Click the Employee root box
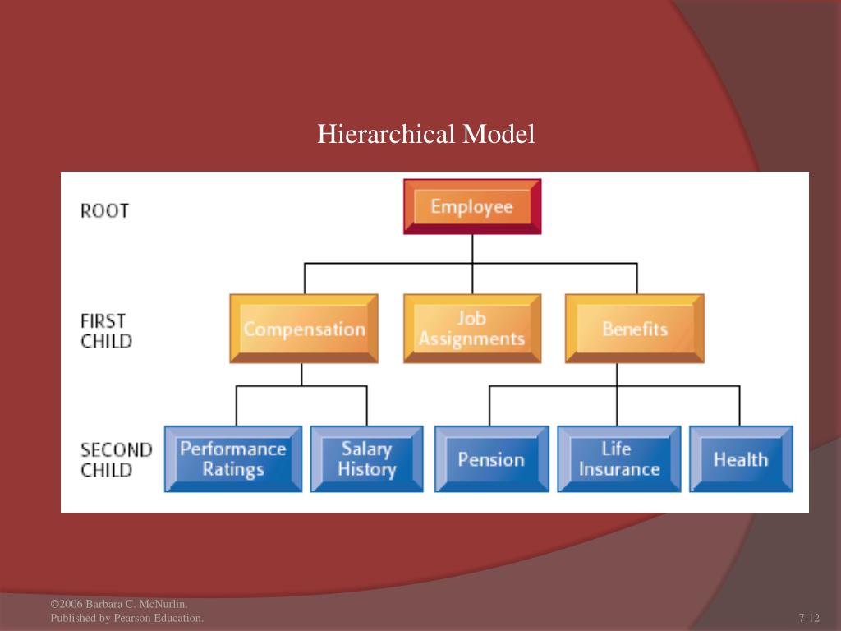click(x=471, y=206)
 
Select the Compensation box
click(x=304, y=329)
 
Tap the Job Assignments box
click(x=471, y=329)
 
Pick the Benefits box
click(x=634, y=329)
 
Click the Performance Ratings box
click(x=232, y=459)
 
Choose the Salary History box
click(x=366, y=459)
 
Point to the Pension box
click(x=491, y=459)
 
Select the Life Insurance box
click(x=618, y=459)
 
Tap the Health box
click(x=740, y=459)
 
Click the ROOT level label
click(x=104, y=210)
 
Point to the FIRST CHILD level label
click(x=106, y=330)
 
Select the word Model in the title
click(x=499, y=134)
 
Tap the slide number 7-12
click(x=809, y=618)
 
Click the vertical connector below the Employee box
click(x=471, y=248)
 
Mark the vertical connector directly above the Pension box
click(x=490, y=406)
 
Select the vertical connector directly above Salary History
click(x=366, y=406)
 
